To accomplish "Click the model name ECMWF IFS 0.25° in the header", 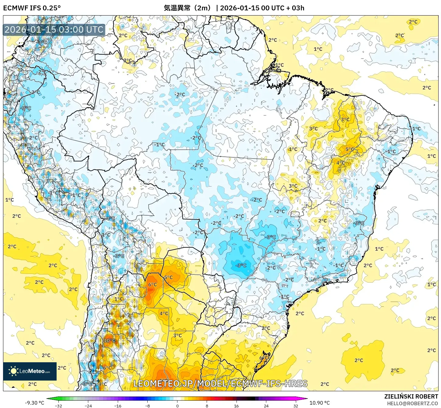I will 32,8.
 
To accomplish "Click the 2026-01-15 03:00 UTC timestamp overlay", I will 54,30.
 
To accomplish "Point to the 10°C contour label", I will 110,340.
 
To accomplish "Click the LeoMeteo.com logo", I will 30,371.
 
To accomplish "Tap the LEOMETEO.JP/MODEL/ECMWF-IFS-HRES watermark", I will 220,383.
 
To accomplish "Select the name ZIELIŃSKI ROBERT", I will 411,396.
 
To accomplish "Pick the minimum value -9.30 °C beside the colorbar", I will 34,403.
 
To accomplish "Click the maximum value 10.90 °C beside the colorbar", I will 320,403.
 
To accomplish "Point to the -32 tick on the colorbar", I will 58,406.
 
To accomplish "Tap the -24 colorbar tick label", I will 88,406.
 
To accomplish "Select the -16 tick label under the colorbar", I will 117,406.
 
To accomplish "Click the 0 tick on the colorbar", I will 177,406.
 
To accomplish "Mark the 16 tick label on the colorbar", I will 236,406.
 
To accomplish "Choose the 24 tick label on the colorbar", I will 266,406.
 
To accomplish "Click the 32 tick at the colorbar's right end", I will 296,406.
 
